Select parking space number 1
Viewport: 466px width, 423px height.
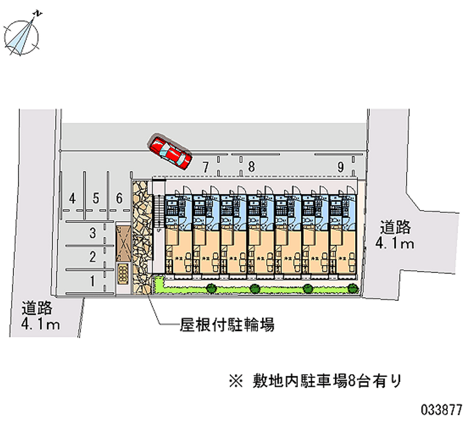coord(92,281)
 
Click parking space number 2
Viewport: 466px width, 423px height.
coord(92,256)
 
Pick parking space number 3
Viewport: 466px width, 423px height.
coord(92,234)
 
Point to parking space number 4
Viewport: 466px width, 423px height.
coord(72,198)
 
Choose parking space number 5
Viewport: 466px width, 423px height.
coord(96,198)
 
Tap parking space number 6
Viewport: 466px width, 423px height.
coord(119,198)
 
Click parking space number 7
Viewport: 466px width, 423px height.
coord(205,168)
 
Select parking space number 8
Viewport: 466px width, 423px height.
coord(250,168)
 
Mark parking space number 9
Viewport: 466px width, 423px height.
coord(340,168)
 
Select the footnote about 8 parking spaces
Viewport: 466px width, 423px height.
coord(315,382)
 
